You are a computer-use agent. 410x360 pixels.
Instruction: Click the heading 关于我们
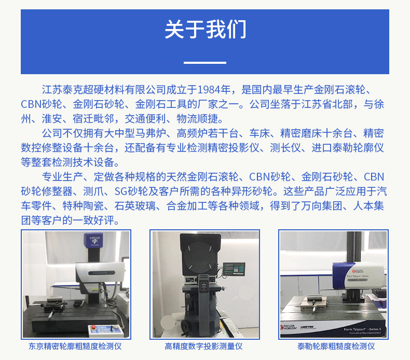(206, 29)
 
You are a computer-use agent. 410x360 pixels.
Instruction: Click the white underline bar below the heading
(204, 63)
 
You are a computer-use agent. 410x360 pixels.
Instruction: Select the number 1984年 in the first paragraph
(214, 90)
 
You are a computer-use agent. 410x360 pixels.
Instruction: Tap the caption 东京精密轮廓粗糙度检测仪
(75, 347)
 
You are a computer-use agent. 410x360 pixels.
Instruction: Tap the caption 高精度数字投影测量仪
(203, 347)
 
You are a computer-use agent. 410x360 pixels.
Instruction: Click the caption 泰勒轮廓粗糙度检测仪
(336, 347)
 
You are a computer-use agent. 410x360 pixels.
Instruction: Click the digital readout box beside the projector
(234, 269)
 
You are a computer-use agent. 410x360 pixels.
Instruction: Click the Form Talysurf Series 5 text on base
(362, 329)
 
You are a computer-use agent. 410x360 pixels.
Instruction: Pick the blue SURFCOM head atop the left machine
(93, 240)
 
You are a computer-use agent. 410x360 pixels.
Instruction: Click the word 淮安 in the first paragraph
(52, 119)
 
